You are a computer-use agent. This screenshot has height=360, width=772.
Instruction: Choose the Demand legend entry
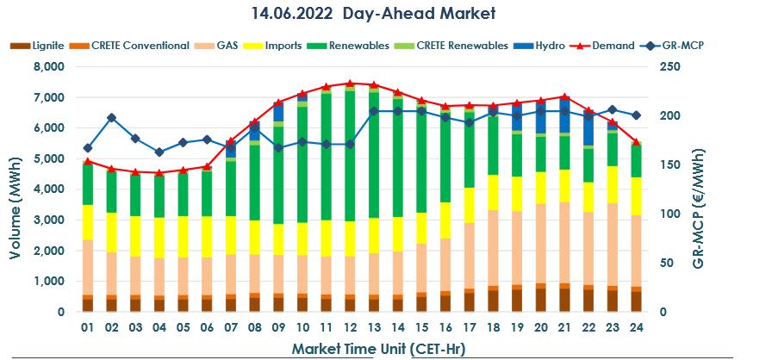point(613,46)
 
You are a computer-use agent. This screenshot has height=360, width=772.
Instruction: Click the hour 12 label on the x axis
point(350,328)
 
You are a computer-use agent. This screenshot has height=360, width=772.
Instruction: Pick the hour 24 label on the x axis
point(636,328)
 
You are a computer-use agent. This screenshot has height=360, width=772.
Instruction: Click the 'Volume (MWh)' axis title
point(16,189)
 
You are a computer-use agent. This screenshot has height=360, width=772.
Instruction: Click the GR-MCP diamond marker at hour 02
point(111,117)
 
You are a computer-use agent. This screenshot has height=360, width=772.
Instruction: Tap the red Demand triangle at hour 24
point(636,142)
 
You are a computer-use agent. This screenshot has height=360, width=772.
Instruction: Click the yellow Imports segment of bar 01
point(88,222)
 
